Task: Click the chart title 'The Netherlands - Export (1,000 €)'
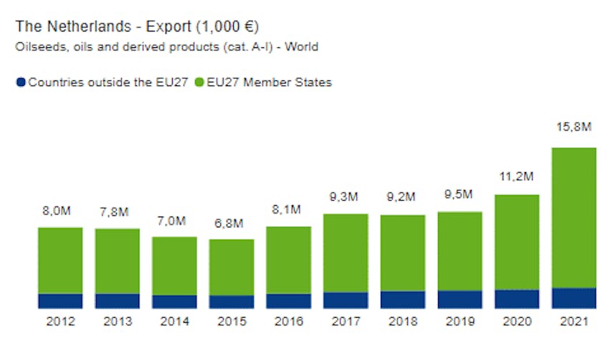(x=136, y=27)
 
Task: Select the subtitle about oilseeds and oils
(x=166, y=47)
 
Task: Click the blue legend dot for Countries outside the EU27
(x=21, y=82)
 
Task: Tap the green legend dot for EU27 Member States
(x=199, y=82)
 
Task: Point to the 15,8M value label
(x=574, y=127)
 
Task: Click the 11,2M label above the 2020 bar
(x=517, y=176)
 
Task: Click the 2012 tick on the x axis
(x=60, y=322)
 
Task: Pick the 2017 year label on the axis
(x=346, y=322)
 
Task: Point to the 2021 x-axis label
(x=574, y=322)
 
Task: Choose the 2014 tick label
(x=174, y=322)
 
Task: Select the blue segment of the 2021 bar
(x=574, y=298)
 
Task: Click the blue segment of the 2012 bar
(x=60, y=300)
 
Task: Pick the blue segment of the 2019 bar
(x=460, y=299)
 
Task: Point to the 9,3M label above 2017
(x=346, y=196)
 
